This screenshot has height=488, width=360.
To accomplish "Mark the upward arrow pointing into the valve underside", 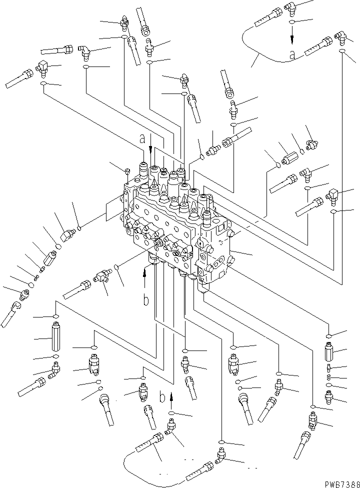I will coord(145,272).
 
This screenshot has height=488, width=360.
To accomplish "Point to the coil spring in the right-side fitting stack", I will coord(328,370).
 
